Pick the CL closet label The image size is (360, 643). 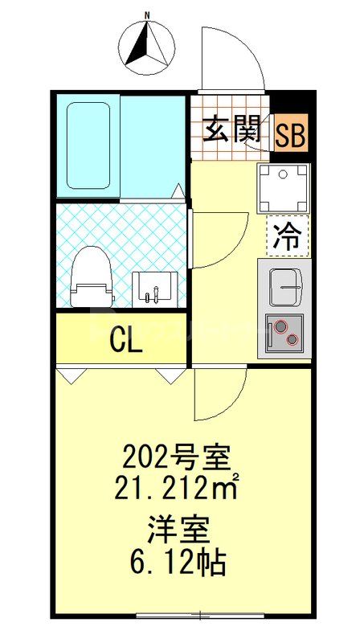pos(126,340)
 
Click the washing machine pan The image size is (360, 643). pos(283,188)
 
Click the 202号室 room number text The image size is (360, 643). pos(176,460)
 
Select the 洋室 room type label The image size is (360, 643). pos(178,530)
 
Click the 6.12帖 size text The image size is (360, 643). pos(178,559)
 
